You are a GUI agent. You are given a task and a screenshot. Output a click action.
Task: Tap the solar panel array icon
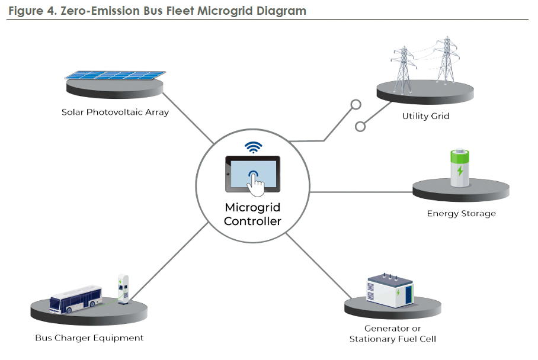click(115, 75)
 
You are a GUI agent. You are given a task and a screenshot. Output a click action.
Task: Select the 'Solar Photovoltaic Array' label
click(115, 112)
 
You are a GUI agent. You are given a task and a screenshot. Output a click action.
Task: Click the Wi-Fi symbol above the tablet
click(254, 147)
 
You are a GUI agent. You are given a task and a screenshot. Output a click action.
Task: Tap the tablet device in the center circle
click(253, 174)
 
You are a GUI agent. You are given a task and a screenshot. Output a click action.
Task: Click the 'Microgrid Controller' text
click(252, 214)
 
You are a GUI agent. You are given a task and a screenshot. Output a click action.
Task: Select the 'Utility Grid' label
click(425, 116)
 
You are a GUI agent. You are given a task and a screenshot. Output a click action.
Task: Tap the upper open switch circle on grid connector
click(356, 105)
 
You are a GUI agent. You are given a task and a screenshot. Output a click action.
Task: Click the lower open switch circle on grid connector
click(360, 126)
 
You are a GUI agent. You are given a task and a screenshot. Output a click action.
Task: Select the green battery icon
click(460, 168)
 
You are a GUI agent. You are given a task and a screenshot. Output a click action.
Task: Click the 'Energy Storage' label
click(461, 213)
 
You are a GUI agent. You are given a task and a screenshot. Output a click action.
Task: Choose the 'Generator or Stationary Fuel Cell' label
click(392, 333)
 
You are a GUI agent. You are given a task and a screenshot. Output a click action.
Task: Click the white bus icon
click(75, 300)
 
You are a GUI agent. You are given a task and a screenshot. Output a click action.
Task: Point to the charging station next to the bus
click(123, 290)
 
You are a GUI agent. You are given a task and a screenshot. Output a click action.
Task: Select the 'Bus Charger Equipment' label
click(89, 338)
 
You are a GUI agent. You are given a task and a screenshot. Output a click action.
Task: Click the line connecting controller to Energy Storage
click(361, 192)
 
